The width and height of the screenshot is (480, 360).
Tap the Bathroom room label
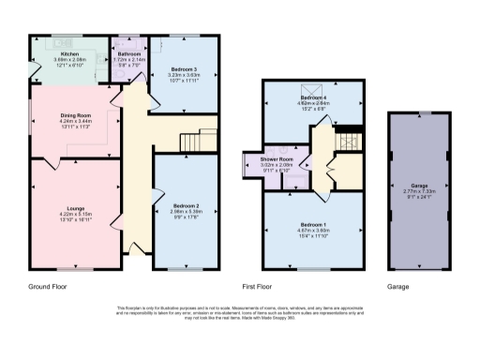[x=128, y=54]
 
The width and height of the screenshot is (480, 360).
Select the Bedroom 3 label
[x=183, y=69]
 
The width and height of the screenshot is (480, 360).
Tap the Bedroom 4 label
[x=313, y=97]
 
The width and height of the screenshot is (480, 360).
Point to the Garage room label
[x=419, y=186]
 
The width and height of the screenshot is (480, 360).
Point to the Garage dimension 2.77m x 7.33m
[x=419, y=192]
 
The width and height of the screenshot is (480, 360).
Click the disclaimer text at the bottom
[x=240, y=314]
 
